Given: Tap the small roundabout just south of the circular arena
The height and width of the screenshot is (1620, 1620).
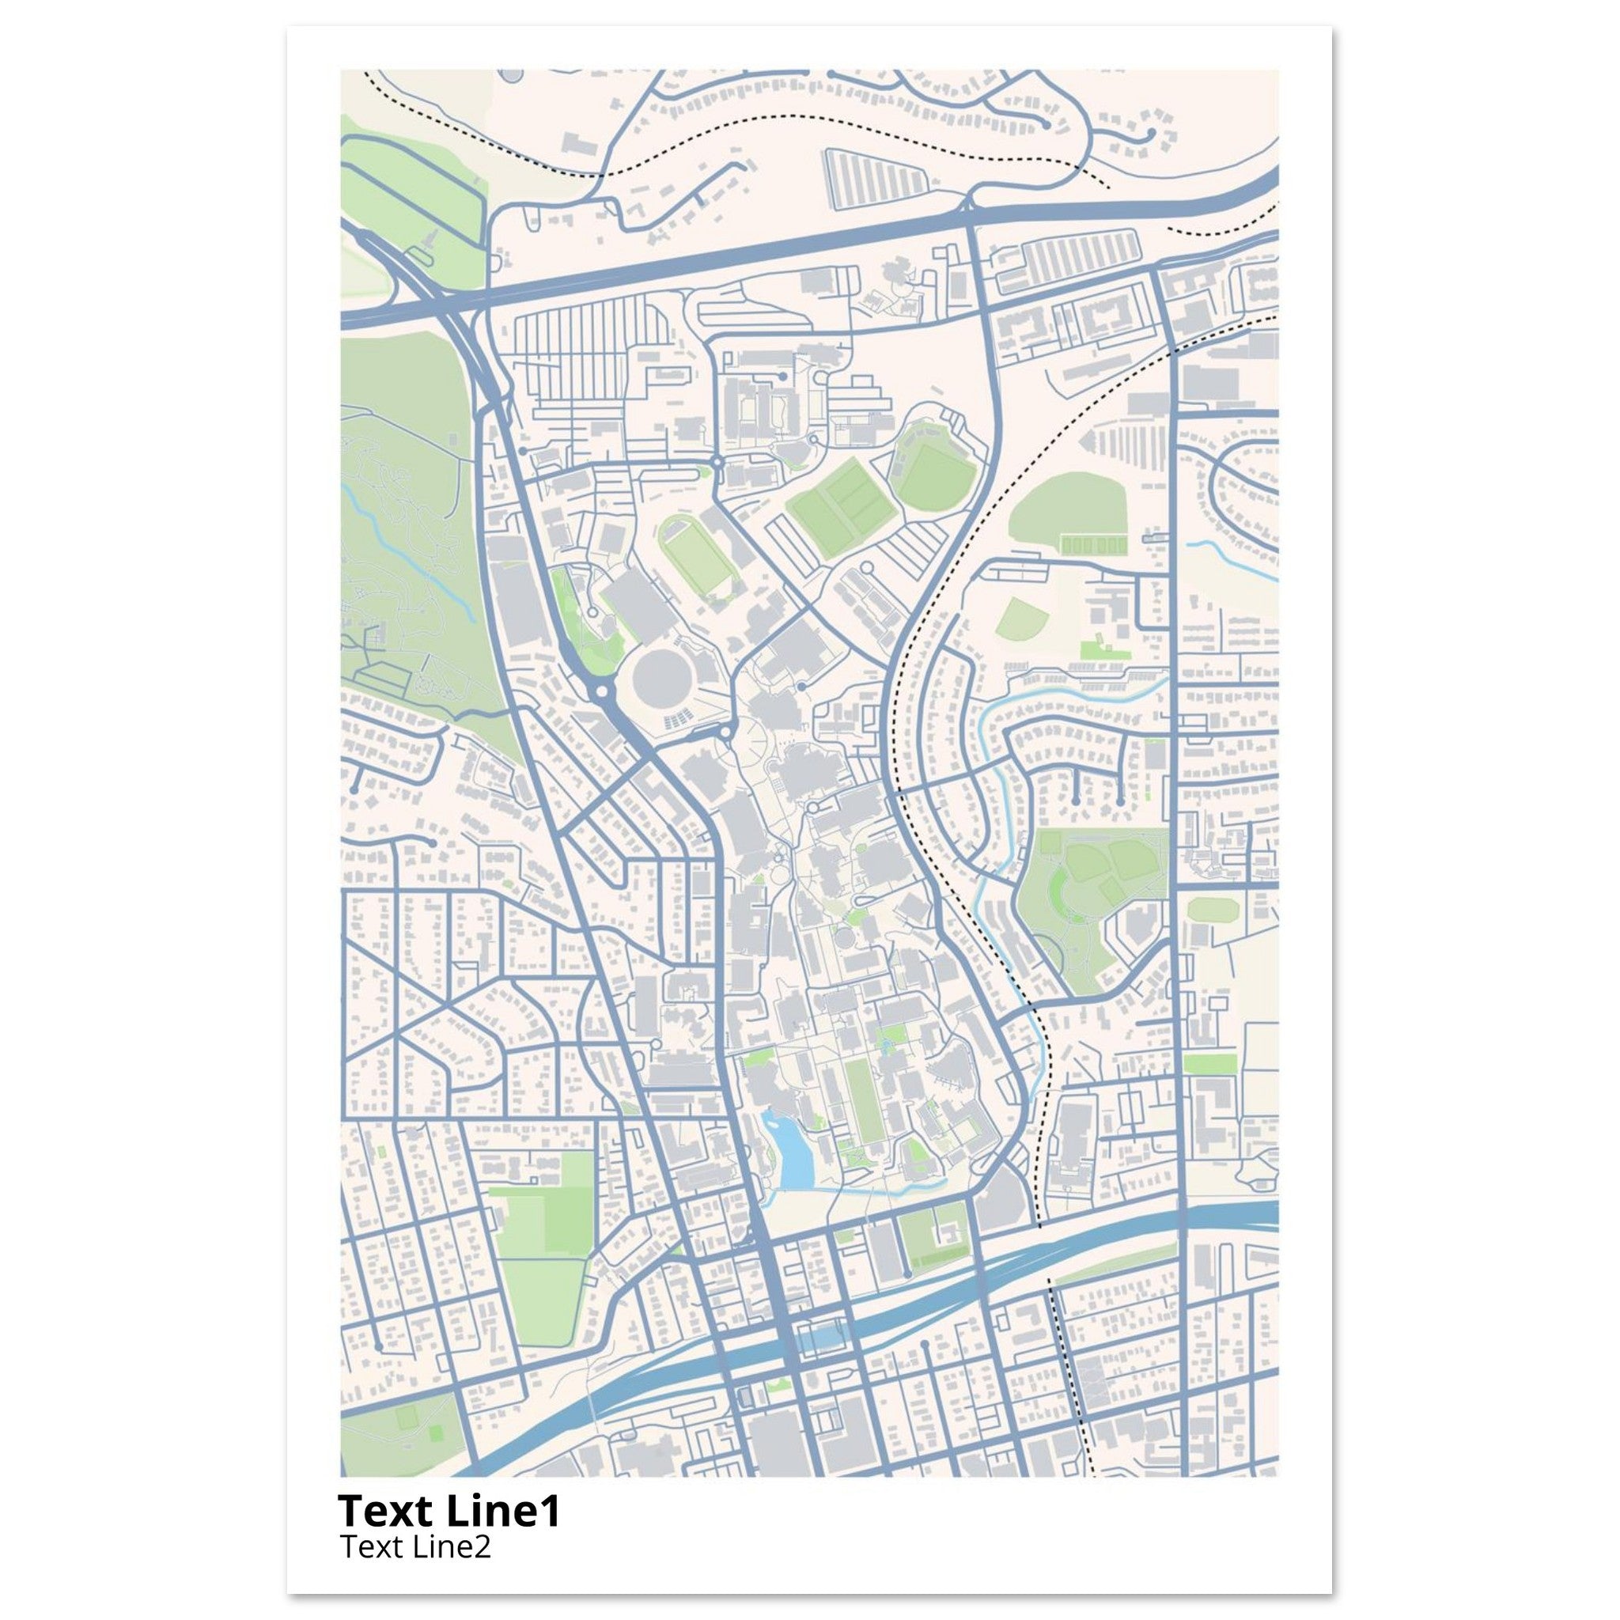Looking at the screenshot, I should coord(725,732).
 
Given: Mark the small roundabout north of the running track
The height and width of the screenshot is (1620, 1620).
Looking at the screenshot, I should coord(717,462).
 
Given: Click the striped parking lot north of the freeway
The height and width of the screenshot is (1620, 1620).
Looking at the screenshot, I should coord(876,178).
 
